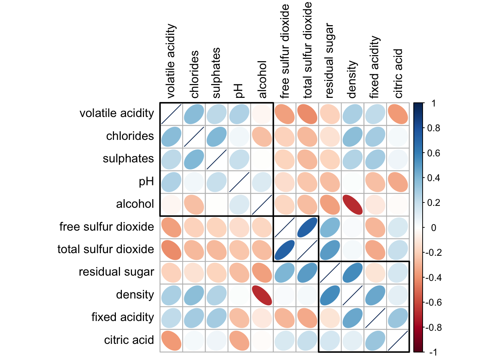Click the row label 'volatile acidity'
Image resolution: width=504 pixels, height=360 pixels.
(x=117, y=113)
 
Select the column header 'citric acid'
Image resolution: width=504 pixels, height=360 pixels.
(x=398, y=73)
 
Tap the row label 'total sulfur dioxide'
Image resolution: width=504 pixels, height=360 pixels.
(x=106, y=249)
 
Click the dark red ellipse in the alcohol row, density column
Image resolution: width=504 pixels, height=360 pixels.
(x=352, y=205)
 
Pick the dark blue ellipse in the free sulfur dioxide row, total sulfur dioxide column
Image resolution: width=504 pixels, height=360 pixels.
(x=307, y=227)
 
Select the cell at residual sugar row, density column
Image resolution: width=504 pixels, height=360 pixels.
(x=352, y=273)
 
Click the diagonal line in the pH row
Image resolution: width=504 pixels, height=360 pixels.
(x=239, y=182)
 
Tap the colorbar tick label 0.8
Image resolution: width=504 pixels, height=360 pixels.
(x=434, y=128)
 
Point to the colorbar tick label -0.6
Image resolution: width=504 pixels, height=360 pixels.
(x=433, y=302)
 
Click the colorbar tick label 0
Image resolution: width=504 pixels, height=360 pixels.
(x=433, y=228)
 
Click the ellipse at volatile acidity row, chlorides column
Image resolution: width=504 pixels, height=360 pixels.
(x=194, y=114)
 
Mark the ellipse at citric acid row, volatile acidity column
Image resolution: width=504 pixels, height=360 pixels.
(x=171, y=340)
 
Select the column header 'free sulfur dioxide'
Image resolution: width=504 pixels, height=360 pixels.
(x=285, y=51)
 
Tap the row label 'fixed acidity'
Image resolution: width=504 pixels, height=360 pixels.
(x=123, y=317)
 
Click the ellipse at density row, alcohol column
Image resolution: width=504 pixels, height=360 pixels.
(x=262, y=295)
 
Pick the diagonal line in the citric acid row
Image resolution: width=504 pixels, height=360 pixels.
(x=398, y=340)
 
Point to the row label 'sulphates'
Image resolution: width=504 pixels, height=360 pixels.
(x=128, y=159)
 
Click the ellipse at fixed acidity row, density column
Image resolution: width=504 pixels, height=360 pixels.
(x=352, y=318)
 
